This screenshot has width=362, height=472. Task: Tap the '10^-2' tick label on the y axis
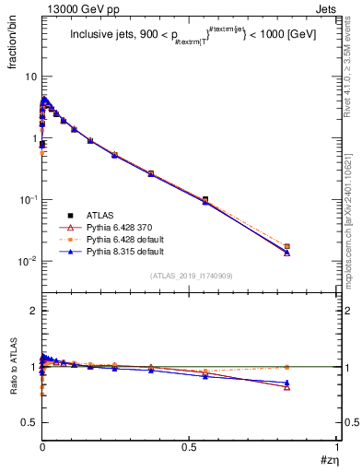click(27, 261)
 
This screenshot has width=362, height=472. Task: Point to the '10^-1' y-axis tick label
click(27, 200)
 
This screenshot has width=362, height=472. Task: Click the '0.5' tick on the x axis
click(190, 451)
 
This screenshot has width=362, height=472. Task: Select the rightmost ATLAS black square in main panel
click(312, 247)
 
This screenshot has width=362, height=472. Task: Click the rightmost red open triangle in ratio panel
click(312, 387)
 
